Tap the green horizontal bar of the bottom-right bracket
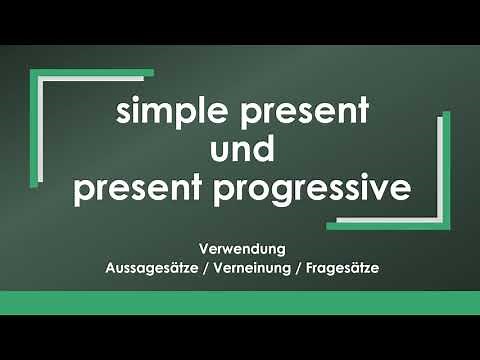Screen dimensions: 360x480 [384, 226]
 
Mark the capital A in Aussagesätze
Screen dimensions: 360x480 [110, 268]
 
